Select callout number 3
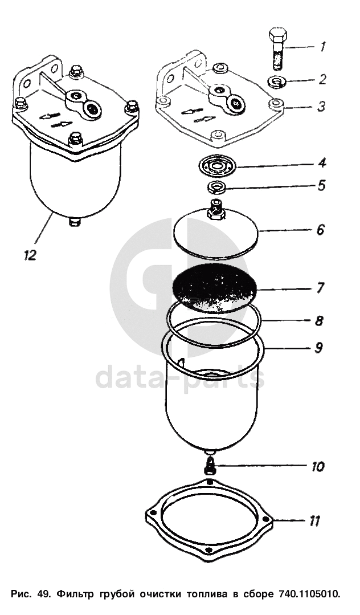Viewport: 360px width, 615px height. (x=322, y=106)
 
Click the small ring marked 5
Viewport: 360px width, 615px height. (x=216, y=187)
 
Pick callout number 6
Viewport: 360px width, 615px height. (x=321, y=230)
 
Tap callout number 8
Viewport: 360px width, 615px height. (x=319, y=320)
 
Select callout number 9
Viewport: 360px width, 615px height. (x=319, y=348)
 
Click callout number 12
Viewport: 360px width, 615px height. (x=30, y=255)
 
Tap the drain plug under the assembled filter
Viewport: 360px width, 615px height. (x=75, y=221)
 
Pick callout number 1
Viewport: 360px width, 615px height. (x=322, y=47)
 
